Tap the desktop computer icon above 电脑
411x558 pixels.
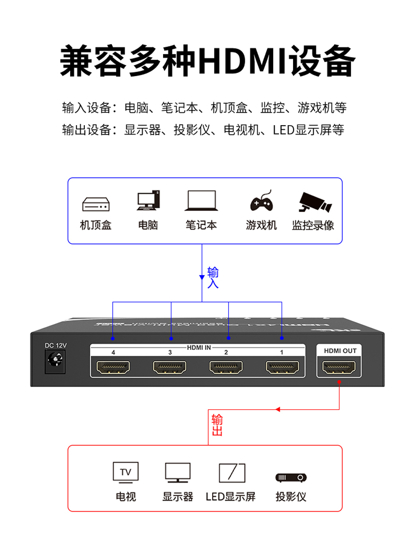148,201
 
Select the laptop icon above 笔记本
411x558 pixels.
201,201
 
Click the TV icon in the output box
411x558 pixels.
126,472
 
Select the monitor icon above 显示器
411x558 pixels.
178,473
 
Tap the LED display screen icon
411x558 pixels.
232,473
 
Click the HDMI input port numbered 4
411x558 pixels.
114,367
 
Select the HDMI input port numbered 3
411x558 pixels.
170,367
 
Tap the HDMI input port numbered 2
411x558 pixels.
226,367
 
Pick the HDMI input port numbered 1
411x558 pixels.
282,367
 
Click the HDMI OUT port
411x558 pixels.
339,367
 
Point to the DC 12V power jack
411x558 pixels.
55,360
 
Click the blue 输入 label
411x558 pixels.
213,278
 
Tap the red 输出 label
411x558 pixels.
217,425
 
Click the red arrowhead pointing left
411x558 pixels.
278,409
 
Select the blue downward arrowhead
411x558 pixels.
202,277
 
